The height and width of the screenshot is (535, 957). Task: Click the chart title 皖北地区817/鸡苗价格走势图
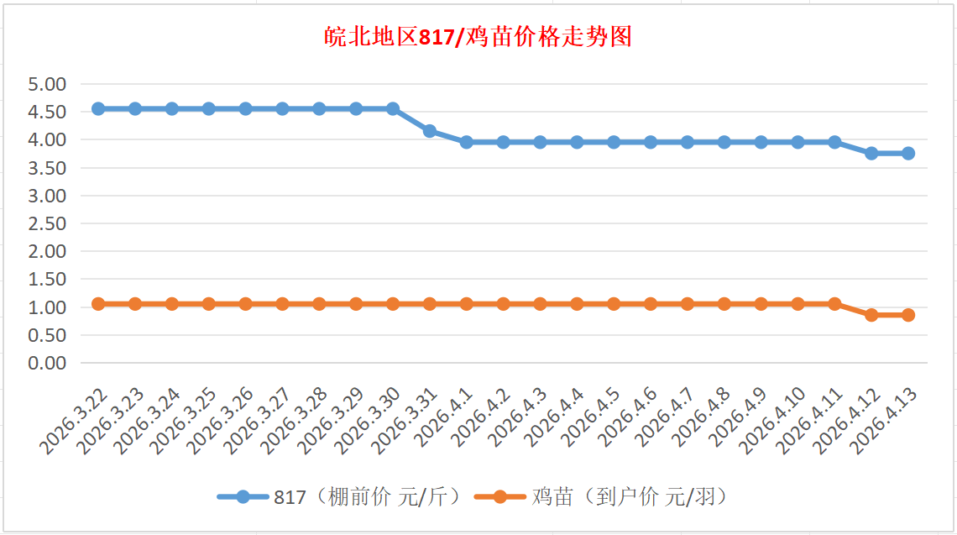point(478,38)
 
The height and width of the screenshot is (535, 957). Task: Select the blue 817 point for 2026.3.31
point(430,131)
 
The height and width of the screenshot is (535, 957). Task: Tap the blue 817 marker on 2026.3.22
point(98,108)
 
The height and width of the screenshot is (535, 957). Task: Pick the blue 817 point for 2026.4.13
point(908,153)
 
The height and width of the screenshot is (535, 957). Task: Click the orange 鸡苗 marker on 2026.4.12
point(871,315)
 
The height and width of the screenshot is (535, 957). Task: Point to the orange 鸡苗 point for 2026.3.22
point(98,303)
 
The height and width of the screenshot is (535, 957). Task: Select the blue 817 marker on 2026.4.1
point(467,142)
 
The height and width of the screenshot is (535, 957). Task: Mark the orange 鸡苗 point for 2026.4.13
point(908,315)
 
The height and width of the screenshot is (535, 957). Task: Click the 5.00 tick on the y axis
point(47,84)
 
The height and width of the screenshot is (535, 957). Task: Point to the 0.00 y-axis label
point(47,363)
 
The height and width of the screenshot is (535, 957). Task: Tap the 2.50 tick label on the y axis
point(47,223)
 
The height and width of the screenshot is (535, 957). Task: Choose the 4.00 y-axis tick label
point(47,139)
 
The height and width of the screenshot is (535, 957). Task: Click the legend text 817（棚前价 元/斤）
point(366,497)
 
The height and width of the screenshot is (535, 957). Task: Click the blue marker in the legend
point(243,497)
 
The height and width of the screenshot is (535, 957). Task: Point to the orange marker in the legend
point(500,497)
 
